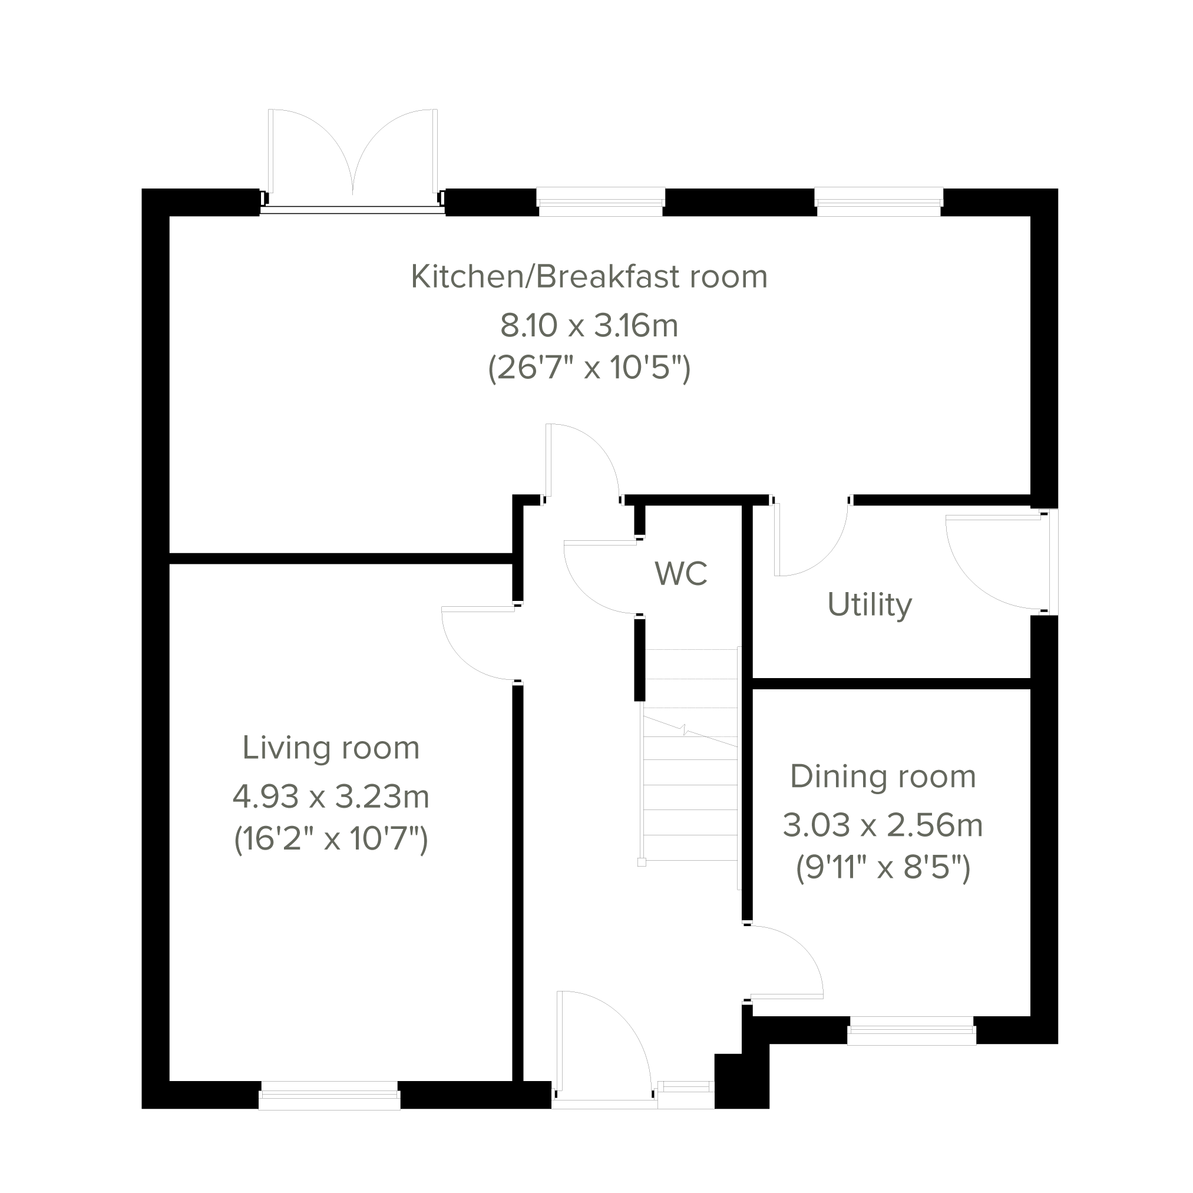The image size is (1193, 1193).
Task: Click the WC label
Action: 680,573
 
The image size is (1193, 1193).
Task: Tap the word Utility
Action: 870,605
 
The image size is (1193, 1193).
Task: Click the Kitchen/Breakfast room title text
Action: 589,276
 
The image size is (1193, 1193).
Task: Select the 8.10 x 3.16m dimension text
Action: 589,325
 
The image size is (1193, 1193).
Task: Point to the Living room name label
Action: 331,748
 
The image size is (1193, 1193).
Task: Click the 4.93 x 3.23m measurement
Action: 331,797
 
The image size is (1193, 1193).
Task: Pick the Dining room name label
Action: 883,776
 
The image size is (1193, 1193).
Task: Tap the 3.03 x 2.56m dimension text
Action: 883,825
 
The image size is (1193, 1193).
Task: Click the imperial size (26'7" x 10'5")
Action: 589,369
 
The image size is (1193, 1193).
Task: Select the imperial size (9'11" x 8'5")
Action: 883,868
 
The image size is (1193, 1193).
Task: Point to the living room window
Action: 329,1095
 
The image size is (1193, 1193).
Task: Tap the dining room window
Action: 911,1030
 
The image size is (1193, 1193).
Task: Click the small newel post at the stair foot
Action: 642,862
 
